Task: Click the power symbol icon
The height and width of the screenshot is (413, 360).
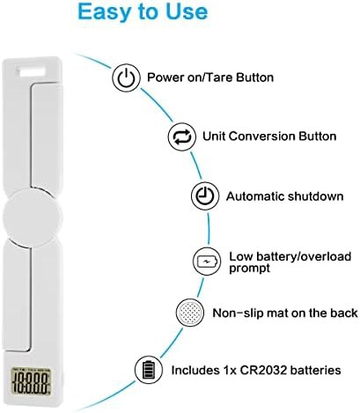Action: coord(126,77)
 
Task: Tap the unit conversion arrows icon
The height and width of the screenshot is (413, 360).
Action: coord(182,137)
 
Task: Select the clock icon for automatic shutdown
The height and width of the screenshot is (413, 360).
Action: coord(205,195)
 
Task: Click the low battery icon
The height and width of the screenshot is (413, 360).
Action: coord(207,261)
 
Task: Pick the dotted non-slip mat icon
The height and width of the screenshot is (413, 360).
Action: coord(190,313)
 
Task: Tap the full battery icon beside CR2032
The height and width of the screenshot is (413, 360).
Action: coord(149,370)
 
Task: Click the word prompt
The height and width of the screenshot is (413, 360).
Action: coord(249,269)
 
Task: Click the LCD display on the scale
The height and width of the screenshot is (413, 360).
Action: coord(31,380)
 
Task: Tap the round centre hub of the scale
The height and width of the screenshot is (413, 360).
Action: coord(33,218)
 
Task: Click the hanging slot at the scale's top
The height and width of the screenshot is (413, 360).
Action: coord(33,71)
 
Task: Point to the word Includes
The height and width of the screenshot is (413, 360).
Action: coord(194,370)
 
